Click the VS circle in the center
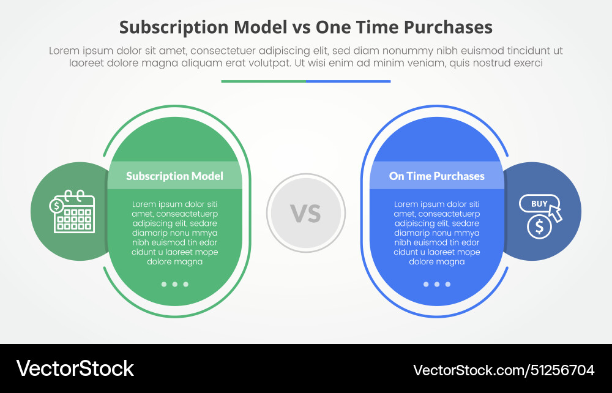[x=305, y=212]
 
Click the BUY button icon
[x=539, y=204]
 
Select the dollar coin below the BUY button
[x=539, y=226]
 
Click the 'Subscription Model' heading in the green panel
[x=174, y=176]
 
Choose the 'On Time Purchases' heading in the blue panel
[x=436, y=176]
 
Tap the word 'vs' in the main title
[x=301, y=28]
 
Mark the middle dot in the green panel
[x=175, y=284]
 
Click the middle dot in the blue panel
[x=437, y=284]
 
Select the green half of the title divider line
[x=263, y=81]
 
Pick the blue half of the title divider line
[x=348, y=81]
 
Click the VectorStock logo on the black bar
[x=75, y=369]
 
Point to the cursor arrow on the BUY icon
[x=555, y=212]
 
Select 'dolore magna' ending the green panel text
[x=174, y=261]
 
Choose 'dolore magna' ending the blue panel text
[x=436, y=261]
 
